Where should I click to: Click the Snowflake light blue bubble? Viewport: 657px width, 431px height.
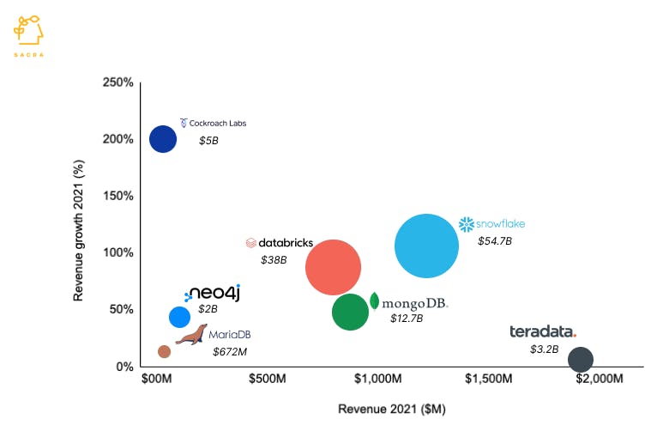point(426,246)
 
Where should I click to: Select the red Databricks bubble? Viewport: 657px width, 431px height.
point(333,267)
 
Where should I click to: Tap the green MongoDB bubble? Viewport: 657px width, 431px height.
point(350,312)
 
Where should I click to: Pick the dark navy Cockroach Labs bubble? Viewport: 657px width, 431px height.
point(163,138)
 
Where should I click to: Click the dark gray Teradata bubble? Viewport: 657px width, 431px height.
point(581,359)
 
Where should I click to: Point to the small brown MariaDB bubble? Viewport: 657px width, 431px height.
point(164,351)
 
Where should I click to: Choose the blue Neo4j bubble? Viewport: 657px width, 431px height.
point(179,317)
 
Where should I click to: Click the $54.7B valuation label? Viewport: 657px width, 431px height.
point(495,241)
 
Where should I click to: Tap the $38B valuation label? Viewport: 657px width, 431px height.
point(274,259)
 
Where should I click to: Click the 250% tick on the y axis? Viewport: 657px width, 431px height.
point(118,82)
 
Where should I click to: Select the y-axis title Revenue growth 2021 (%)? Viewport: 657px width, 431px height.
point(80,225)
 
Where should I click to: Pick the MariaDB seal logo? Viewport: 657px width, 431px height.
point(193,334)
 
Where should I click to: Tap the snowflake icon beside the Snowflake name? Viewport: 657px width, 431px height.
point(467,224)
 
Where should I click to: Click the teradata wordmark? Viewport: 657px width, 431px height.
point(543,331)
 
